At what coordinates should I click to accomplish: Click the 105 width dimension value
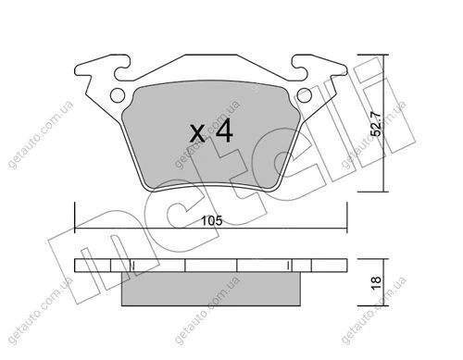[x=212, y=221]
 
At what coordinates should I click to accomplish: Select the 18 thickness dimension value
[x=377, y=282]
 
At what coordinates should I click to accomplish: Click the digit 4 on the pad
[x=224, y=130]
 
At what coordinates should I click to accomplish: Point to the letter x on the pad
[x=197, y=133]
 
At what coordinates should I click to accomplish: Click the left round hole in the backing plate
[x=118, y=95]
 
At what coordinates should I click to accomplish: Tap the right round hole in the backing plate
[x=304, y=95]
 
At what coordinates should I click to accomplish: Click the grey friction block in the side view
[x=211, y=289]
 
